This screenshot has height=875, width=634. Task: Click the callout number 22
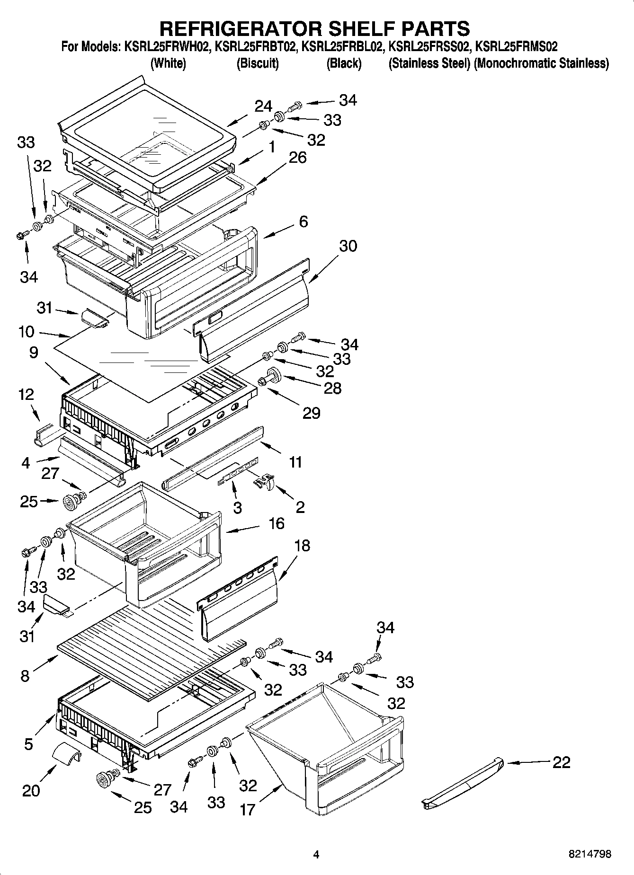(x=561, y=762)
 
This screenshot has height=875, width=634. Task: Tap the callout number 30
(x=348, y=246)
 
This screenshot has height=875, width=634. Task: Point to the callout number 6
(x=304, y=221)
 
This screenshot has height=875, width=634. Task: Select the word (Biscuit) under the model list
(x=258, y=63)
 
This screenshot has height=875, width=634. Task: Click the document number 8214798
(x=589, y=854)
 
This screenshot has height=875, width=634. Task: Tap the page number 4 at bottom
(x=316, y=854)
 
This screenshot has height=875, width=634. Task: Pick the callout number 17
(x=247, y=810)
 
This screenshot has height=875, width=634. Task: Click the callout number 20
(x=31, y=790)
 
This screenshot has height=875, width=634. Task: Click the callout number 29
(x=312, y=413)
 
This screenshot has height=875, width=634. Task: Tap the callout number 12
(x=27, y=394)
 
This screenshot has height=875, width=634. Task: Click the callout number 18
(x=302, y=546)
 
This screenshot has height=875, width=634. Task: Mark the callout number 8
(x=25, y=676)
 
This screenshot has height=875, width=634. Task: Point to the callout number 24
(x=263, y=106)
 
